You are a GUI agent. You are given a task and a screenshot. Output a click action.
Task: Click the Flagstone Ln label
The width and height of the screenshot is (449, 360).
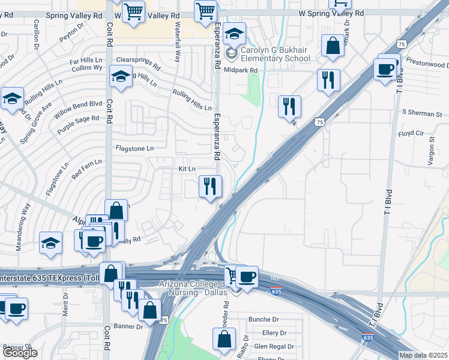[134, 148]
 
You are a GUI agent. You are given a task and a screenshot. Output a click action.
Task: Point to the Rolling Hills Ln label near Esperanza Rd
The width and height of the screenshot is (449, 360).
[192, 100]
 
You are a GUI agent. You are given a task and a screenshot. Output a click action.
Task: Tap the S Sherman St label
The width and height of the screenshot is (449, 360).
[422, 113]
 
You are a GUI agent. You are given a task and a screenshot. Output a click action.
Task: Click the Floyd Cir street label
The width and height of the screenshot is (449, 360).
[411, 134]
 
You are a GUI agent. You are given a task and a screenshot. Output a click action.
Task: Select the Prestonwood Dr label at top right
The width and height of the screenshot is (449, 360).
[427, 64]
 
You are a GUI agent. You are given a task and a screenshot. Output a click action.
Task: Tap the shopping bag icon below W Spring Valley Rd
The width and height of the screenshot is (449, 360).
[332, 46]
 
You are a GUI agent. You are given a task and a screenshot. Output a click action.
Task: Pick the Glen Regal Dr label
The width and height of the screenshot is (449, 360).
[274, 346]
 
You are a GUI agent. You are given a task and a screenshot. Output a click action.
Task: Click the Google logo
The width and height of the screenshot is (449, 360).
[19, 353]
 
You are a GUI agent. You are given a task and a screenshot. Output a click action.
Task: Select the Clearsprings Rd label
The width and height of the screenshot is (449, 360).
[138, 62]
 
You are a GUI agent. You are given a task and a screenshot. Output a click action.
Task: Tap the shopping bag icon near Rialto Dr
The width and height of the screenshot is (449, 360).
[224, 339]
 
